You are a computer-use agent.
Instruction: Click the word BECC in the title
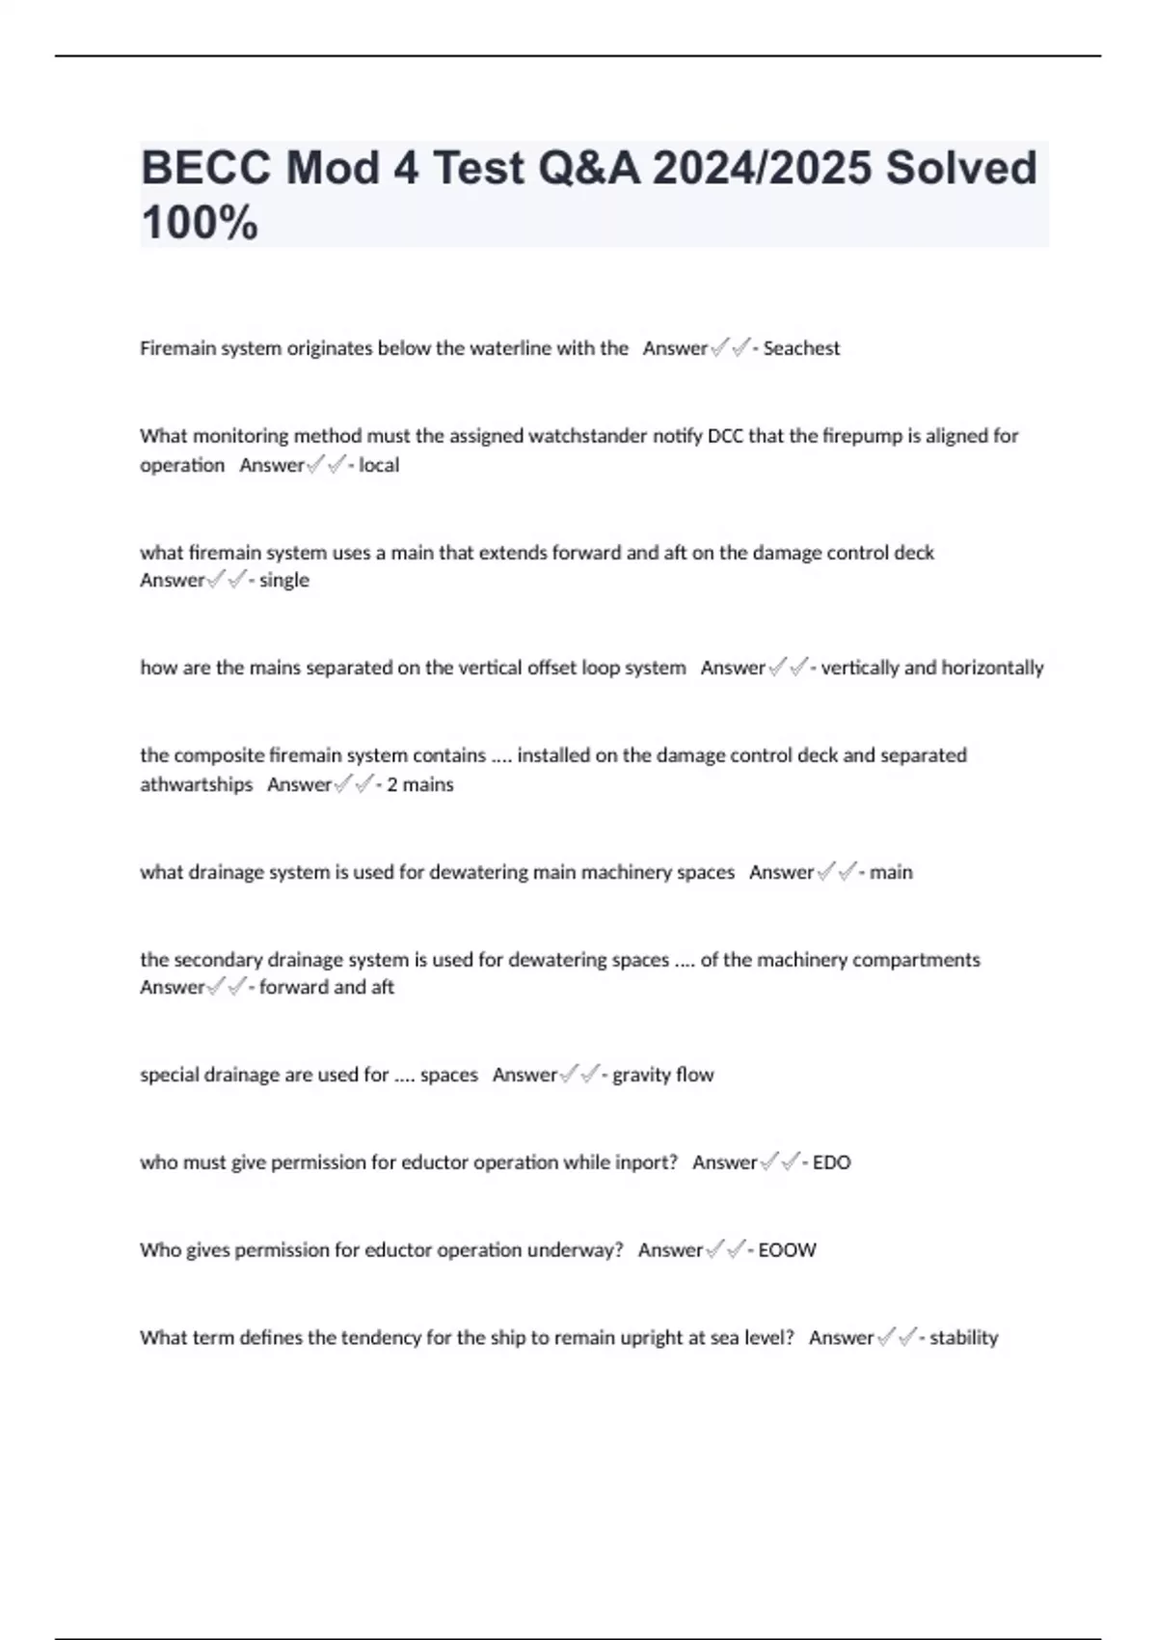click(x=206, y=168)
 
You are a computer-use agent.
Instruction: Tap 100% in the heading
click(x=200, y=223)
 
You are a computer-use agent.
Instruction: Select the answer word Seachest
click(x=801, y=348)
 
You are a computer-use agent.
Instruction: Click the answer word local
click(x=379, y=465)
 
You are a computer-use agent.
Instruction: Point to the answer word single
click(x=284, y=580)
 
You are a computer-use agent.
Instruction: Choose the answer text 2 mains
click(x=420, y=784)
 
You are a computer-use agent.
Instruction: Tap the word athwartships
click(x=197, y=784)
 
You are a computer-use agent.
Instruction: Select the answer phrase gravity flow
click(x=663, y=1075)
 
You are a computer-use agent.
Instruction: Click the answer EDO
click(x=832, y=1162)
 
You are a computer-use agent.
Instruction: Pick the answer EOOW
click(x=787, y=1250)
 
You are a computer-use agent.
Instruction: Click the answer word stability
click(x=964, y=1338)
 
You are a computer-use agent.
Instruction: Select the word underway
click(x=581, y=1250)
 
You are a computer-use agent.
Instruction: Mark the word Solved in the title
click(x=961, y=168)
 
